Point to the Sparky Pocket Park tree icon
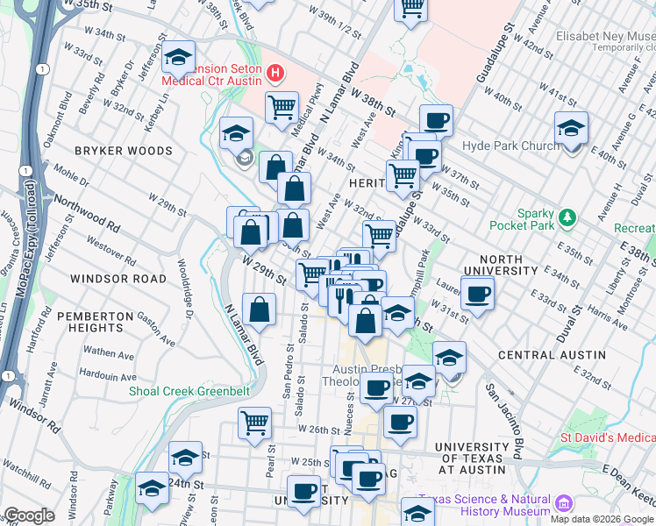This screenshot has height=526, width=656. click(x=568, y=217)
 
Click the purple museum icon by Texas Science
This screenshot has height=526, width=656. click(x=562, y=504)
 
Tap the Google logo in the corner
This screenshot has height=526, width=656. click(x=31, y=515)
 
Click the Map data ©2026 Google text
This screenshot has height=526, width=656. click(x=602, y=519)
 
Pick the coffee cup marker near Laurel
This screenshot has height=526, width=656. click(x=478, y=294)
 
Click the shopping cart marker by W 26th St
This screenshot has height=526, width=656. click(x=254, y=423)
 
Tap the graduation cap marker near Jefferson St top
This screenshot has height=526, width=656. click(x=179, y=58)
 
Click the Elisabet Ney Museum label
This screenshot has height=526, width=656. click(x=605, y=38)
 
